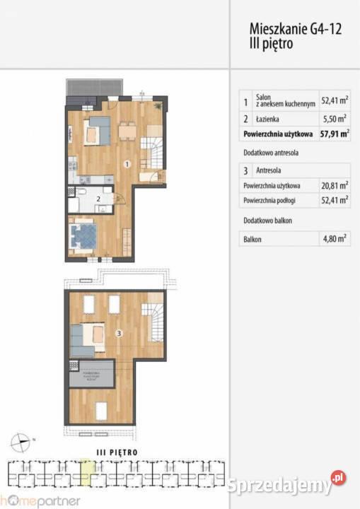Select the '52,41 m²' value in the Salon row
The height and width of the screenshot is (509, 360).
pos(335,101)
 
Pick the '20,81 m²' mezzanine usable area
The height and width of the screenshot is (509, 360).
pos(335,185)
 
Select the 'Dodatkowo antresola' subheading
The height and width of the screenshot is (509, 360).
pos(269,152)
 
